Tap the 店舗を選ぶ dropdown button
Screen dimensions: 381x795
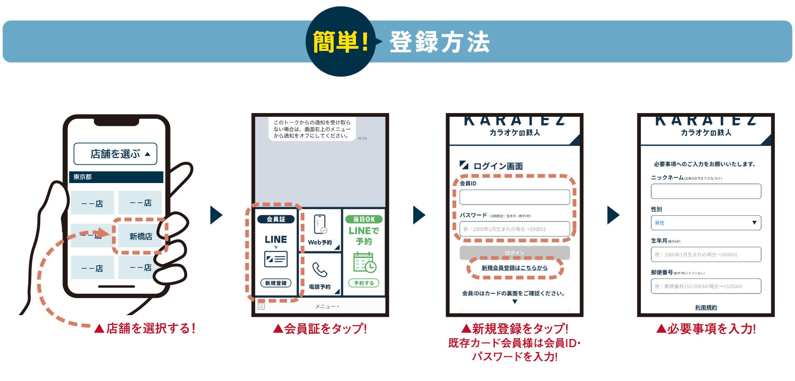[115, 154]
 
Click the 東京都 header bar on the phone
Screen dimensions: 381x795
[116, 177]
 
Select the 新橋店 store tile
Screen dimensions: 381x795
[141, 236]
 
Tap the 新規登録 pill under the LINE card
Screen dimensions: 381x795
[276, 283]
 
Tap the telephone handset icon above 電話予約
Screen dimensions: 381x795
[320, 270]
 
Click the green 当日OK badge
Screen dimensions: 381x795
[364, 219]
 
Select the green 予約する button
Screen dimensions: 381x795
[364, 283]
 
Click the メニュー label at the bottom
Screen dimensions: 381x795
[326, 306]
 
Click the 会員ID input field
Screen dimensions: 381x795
[514, 197]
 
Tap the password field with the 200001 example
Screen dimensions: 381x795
[514, 229]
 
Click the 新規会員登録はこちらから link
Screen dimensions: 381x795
[514, 268]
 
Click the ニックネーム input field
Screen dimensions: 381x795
[706, 191]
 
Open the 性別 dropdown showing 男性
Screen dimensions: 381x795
[706, 223]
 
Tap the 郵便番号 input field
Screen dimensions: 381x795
[706, 286]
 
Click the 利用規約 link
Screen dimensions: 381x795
[706, 307]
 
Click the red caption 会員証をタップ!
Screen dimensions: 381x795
[320, 329]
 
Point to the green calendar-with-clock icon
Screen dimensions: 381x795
[364, 263]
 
